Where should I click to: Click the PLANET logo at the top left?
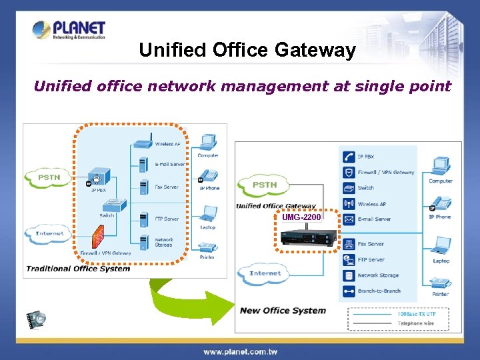click(69, 30)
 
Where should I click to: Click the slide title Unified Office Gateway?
click(247, 50)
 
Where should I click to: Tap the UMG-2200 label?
click(301, 217)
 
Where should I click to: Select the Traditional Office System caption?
click(77, 269)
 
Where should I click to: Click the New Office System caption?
click(283, 310)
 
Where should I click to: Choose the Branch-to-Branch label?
click(379, 291)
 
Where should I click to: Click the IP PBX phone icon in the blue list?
click(348, 157)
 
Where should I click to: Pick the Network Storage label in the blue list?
click(378, 275)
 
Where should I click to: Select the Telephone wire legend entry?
click(415, 323)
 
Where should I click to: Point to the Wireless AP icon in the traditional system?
click(141, 143)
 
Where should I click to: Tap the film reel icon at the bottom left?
click(36, 319)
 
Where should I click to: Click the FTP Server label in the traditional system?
click(167, 219)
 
